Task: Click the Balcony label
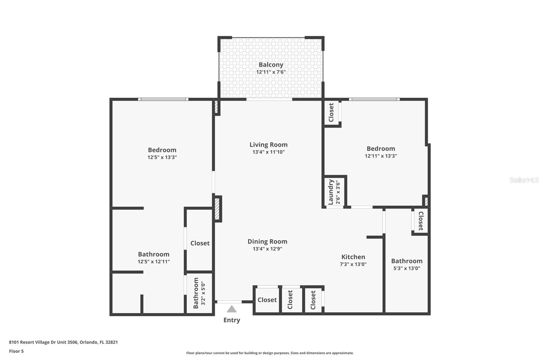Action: coord(271,65)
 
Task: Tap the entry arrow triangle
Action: coord(232,309)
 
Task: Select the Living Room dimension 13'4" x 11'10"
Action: coord(268,152)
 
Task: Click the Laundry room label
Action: coord(331,191)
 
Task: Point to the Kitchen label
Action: coord(353,257)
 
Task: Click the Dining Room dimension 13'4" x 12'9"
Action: coord(267,249)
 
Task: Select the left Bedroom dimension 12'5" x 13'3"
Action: coord(162,157)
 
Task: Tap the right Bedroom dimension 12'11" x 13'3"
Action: coord(381,156)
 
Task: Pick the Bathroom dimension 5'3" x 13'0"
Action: coord(407,268)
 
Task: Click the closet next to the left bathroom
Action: coord(200,243)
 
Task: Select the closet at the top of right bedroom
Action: coord(331,112)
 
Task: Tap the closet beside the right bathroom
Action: coord(421,221)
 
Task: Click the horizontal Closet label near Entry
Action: coord(267,300)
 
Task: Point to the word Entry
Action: coord(232,320)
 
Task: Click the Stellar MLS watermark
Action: coord(524,180)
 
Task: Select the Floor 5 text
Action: coord(16,351)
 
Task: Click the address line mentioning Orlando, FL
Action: coord(63,342)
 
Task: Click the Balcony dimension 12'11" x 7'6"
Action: coord(271,72)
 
